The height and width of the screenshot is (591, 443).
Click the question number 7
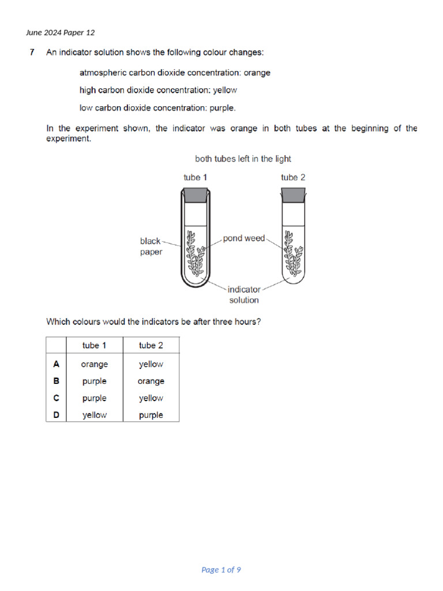click(x=32, y=53)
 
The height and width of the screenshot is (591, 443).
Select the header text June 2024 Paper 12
click(x=60, y=32)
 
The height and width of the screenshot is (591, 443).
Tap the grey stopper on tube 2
click(x=293, y=195)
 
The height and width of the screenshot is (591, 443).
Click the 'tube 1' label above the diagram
click(x=195, y=177)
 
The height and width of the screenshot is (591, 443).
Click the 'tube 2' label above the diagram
click(x=293, y=177)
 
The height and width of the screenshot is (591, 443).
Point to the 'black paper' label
click(x=151, y=246)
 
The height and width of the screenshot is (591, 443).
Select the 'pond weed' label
click(x=244, y=238)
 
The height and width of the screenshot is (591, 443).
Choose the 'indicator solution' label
click(x=244, y=294)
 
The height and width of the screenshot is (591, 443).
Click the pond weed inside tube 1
click(x=194, y=254)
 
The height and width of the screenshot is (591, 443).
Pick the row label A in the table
click(x=56, y=364)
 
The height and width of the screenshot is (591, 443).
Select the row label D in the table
click(x=56, y=415)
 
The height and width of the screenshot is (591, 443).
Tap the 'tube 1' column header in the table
click(x=95, y=345)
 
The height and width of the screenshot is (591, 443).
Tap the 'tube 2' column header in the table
click(x=151, y=345)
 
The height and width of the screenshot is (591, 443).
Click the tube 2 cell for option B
click(x=151, y=381)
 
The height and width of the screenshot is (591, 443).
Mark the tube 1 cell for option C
click(x=95, y=398)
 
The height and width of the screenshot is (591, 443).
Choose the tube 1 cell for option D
click(x=95, y=415)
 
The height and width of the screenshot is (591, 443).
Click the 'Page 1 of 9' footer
click(x=221, y=570)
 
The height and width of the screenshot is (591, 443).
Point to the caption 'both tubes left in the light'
click(x=243, y=159)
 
